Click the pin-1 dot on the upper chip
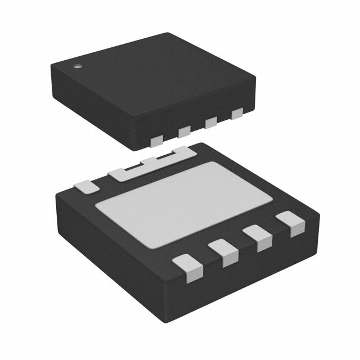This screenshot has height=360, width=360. [x=78, y=66]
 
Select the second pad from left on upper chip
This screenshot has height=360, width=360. [x=184, y=132]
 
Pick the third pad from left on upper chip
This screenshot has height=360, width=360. [x=211, y=123]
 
